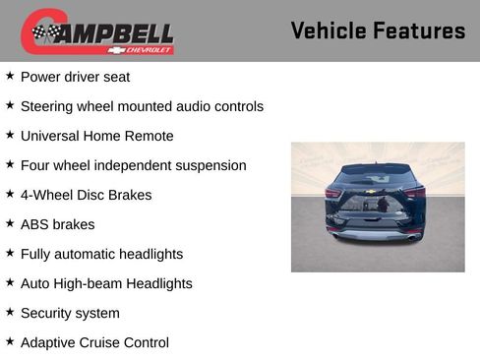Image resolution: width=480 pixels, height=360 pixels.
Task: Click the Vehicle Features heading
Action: point(378,30)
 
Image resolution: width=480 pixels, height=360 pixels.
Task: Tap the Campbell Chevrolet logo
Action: point(97,32)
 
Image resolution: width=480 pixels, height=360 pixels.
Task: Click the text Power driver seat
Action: point(75,77)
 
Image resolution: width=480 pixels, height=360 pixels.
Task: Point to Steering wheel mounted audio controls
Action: point(142,106)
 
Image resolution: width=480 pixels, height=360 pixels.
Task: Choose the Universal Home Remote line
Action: point(96,136)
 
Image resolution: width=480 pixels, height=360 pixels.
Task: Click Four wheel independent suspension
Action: point(133,165)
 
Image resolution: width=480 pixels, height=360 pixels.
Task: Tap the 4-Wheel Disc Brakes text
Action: point(86,195)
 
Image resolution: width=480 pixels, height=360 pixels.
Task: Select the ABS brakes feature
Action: point(57,224)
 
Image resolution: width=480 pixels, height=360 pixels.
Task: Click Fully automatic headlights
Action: point(101,254)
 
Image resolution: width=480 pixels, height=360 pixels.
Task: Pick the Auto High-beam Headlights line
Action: point(106,283)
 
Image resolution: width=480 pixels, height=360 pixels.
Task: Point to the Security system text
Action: point(70,313)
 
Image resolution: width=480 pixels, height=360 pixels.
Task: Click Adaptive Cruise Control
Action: point(94,342)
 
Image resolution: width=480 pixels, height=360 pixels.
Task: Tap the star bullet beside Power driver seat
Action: point(10,76)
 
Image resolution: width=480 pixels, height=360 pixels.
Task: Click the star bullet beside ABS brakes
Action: point(10,223)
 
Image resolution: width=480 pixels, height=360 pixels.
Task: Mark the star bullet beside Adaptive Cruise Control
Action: point(10,341)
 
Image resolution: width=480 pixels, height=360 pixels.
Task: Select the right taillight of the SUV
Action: point(417,194)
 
